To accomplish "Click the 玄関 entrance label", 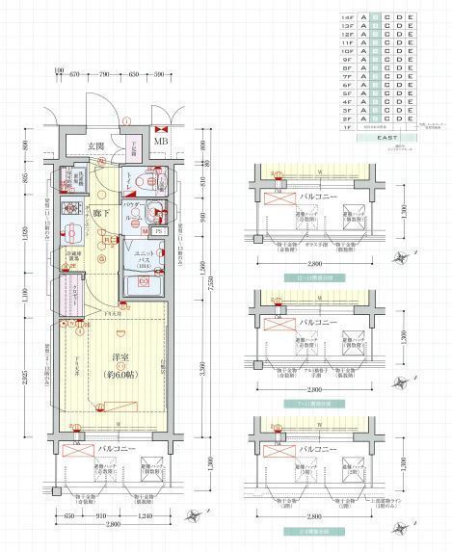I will click(96, 146).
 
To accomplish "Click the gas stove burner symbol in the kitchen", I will click(69, 209).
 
